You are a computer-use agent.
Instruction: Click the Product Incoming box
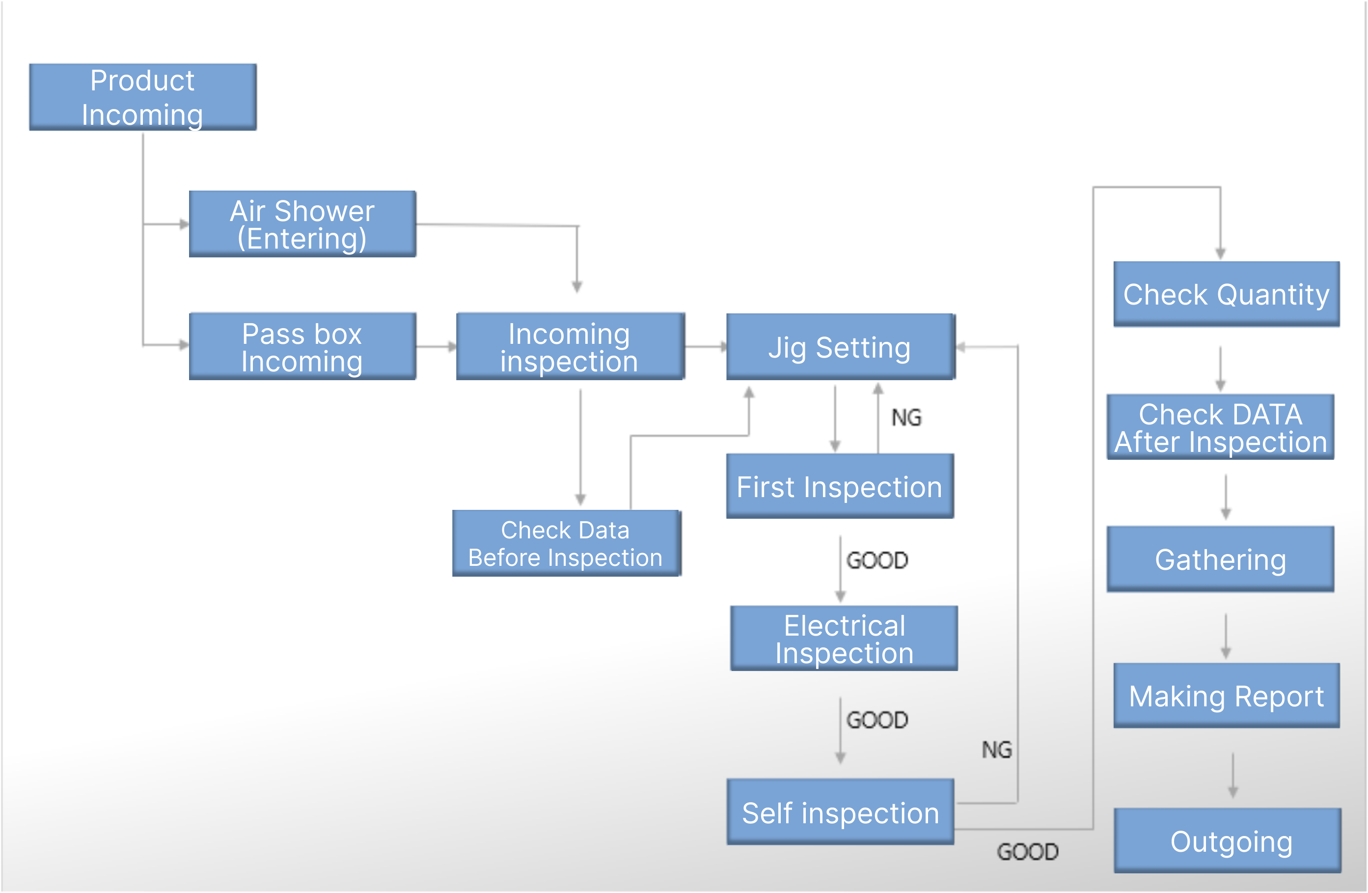point(142,97)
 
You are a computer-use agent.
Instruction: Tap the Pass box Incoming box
point(302,346)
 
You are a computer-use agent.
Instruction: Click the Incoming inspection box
point(570,346)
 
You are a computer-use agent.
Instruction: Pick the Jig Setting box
point(840,347)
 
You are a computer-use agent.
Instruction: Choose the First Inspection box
point(840,486)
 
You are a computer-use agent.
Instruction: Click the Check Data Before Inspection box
point(566,543)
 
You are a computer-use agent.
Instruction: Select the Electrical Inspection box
point(844,638)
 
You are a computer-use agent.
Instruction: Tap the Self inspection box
point(840,812)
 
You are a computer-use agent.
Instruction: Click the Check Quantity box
point(1226,294)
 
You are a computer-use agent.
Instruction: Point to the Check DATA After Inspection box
point(1220,427)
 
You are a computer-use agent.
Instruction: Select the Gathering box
point(1220,559)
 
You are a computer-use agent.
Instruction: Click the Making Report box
point(1226,695)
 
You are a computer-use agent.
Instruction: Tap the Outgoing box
point(1227,840)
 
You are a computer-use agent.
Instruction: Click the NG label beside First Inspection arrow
point(906,418)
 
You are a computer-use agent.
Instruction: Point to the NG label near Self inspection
point(997,749)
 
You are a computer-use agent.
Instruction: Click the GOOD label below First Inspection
point(877,560)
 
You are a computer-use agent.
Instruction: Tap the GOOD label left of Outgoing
point(1027,852)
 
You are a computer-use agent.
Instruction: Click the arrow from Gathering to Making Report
point(1226,636)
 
